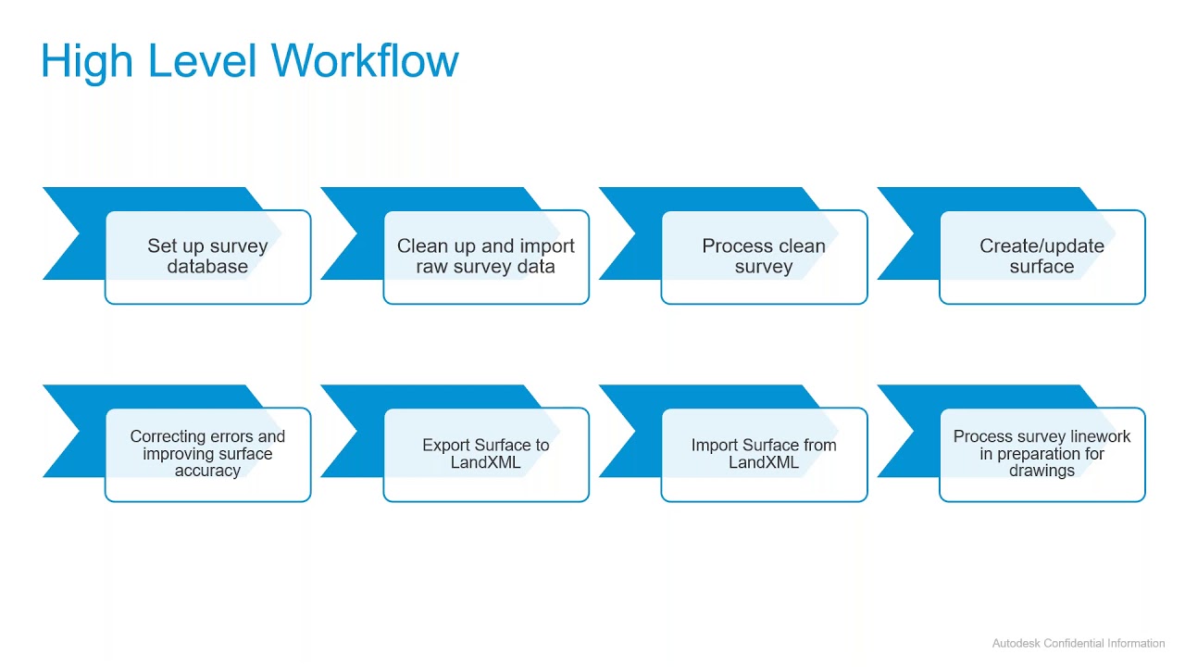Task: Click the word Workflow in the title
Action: tap(365, 61)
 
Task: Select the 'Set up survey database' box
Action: tap(207, 257)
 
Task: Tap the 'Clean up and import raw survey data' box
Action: tap(485, 257)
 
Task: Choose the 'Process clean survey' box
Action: tap(764, 257)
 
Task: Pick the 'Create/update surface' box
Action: tap(1042, 257)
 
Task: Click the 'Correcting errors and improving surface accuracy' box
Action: tap(207, 454)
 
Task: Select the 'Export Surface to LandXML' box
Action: tap(485, 454)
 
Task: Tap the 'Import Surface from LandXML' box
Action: tap(764, 454)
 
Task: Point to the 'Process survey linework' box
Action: tap(1042, 454)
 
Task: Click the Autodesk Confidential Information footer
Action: tap(1078, 643)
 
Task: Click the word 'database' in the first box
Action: tap(207, 267)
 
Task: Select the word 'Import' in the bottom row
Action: tap(714, 446)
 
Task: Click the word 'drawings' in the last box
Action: tap(1042, 471)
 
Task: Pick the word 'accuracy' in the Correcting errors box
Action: tap(207, 471)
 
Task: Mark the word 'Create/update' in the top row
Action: tap(1042, 246)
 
